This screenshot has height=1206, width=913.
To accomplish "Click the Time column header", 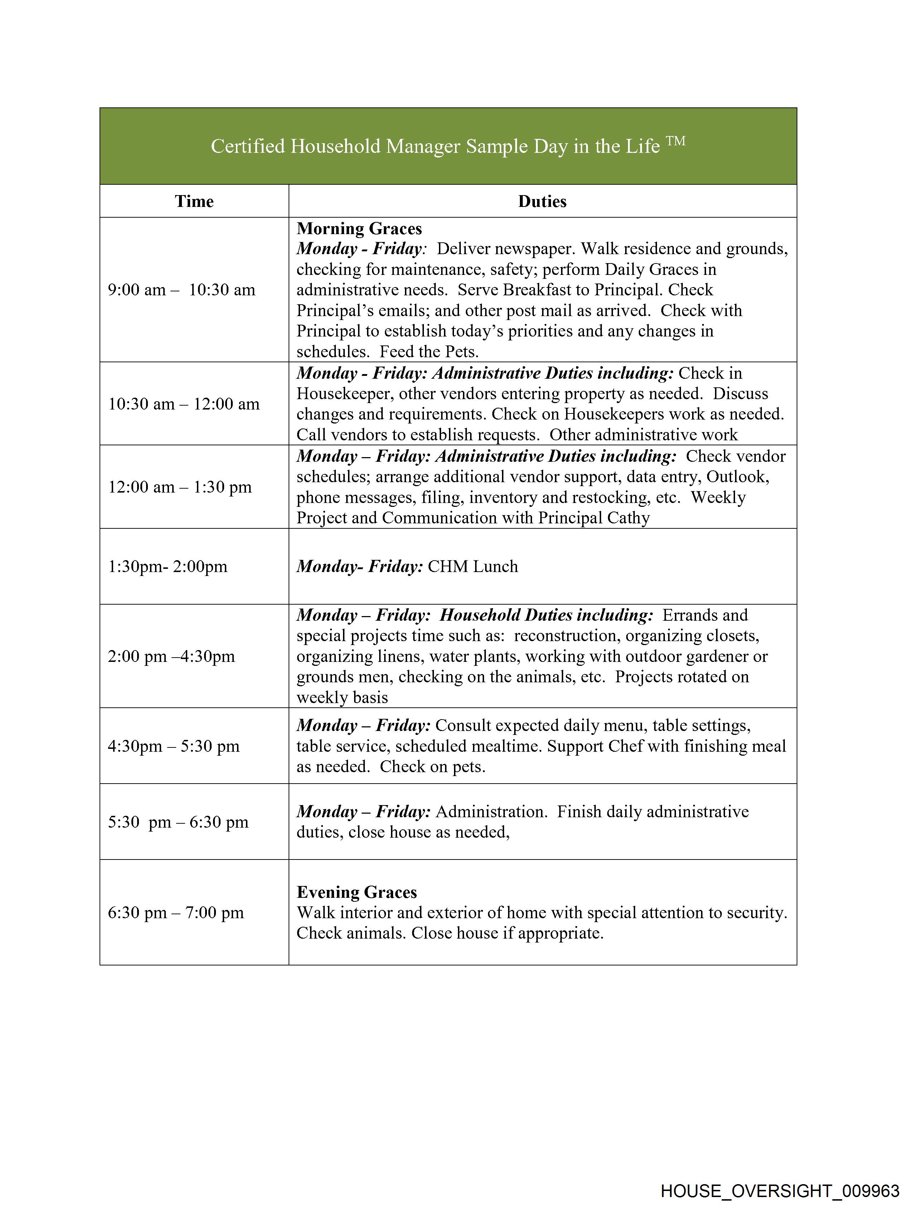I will tap(194, 201).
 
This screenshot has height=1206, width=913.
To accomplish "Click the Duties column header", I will tap(542, 201).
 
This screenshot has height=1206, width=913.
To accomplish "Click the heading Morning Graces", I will tap(359, 228).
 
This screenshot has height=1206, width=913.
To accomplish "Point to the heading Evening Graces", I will tap(357, 892).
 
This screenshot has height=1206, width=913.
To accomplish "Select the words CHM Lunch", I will tap(472, 566).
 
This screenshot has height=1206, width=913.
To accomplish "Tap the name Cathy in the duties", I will tap(628, 517).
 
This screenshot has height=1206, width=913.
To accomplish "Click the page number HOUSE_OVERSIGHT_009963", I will tap(779, 1191).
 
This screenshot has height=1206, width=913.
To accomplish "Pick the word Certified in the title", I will tap(248, 146).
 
